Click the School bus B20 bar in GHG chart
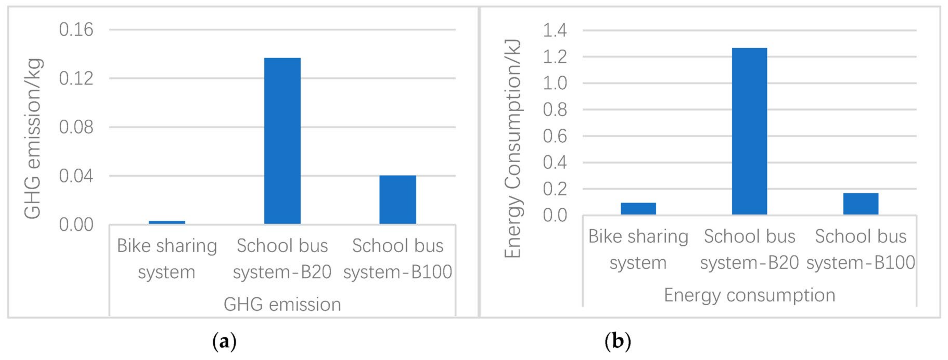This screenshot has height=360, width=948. (x=282, y=141)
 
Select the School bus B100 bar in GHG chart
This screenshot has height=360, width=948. (x=398, y=200)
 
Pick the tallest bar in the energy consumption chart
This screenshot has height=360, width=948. (x=749, y=131)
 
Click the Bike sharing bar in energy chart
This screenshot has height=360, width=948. (x=638, y=208)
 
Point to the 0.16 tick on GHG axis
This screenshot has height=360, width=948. (x=76, y=29)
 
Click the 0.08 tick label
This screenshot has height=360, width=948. (x=76, y=127)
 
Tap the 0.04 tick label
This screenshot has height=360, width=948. (x=76, y=176)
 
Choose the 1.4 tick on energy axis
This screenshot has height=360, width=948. (x=555, y=30)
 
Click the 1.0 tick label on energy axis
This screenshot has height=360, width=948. (x=555, y=83)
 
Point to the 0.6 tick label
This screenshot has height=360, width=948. (x=555, y=136)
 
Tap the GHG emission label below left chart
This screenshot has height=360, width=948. (x=282, y=304)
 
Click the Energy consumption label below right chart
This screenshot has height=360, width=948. (x=749, y=295)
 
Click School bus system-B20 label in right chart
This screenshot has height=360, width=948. (x=749, y=249)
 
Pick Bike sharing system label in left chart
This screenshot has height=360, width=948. (x=167, y=259)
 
